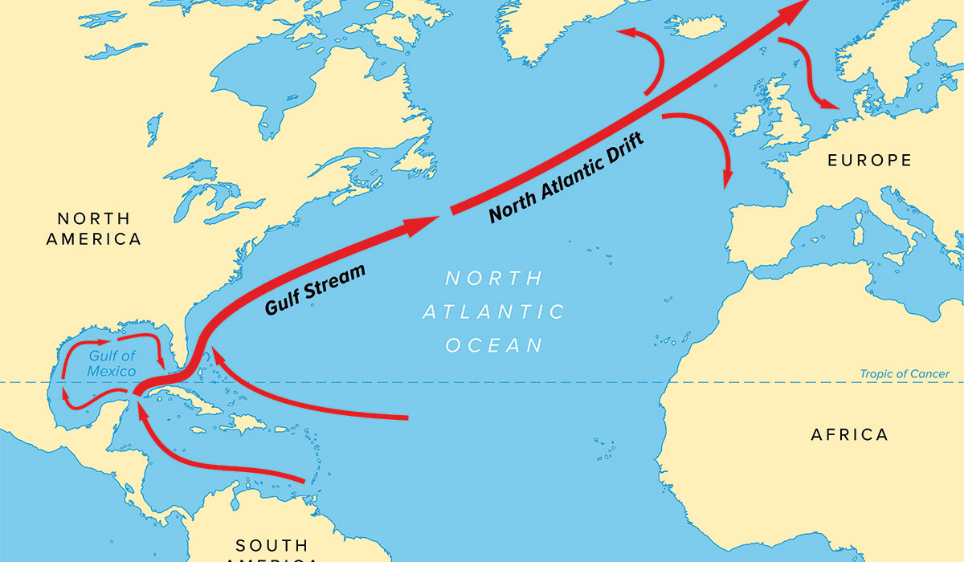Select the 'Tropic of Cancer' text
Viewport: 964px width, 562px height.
pyautogui.click(x=905, y=373)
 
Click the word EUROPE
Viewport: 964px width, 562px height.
pyautogui.click(x=870, y=161)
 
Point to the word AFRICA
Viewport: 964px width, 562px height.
pyautogui.click(x=849, y=435)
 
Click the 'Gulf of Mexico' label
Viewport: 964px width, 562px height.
pyautogui.click(x=112, y=364)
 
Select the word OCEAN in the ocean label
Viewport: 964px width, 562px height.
pyautogui.click(x=494, y=346)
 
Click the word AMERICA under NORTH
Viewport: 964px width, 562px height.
pyautogui.click(x=94, y=238)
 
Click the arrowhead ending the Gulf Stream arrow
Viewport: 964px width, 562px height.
pyautogui.click(x=425, y=222)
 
